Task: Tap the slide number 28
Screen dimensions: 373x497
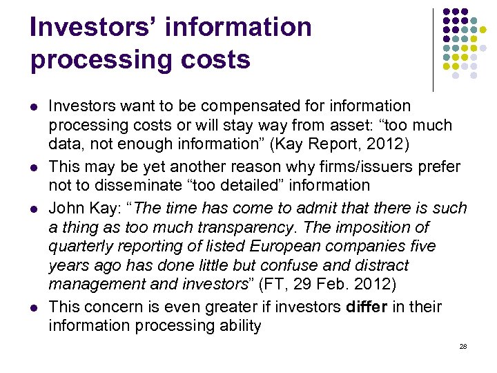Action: click(x=463, y=346)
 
